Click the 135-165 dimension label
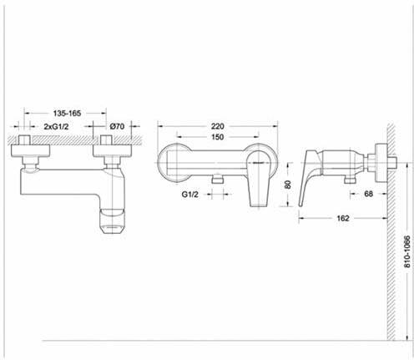pos(67,114)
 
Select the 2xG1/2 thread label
pos(56,127)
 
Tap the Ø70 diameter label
pos(117,126)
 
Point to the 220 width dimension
pos(217,126)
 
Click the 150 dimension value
pos(217,137)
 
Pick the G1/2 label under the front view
pos(190,195)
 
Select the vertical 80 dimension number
pos(288,185)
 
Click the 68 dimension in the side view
pos(368,194)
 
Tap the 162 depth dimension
pos(343,218)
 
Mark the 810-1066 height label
pos(407,251)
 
